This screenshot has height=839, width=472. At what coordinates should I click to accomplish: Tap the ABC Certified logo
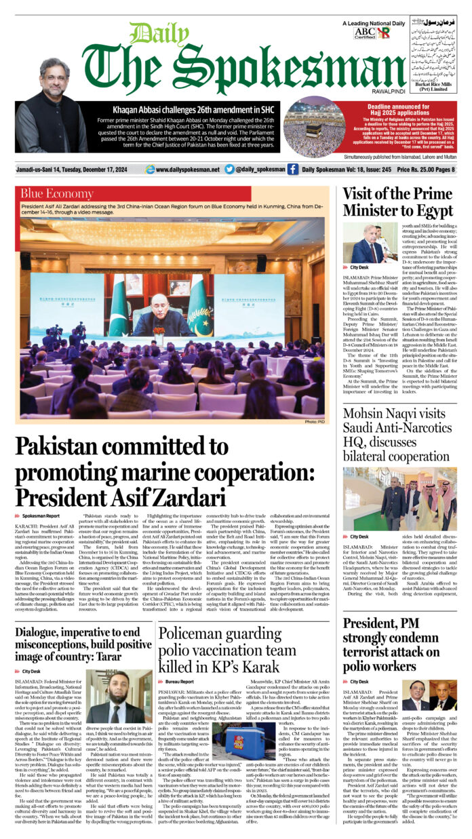tap(364, 32)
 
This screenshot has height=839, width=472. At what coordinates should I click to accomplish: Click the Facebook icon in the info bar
tap(292, 170)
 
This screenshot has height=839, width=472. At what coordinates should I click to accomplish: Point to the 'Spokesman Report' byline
tap(41, 516)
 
